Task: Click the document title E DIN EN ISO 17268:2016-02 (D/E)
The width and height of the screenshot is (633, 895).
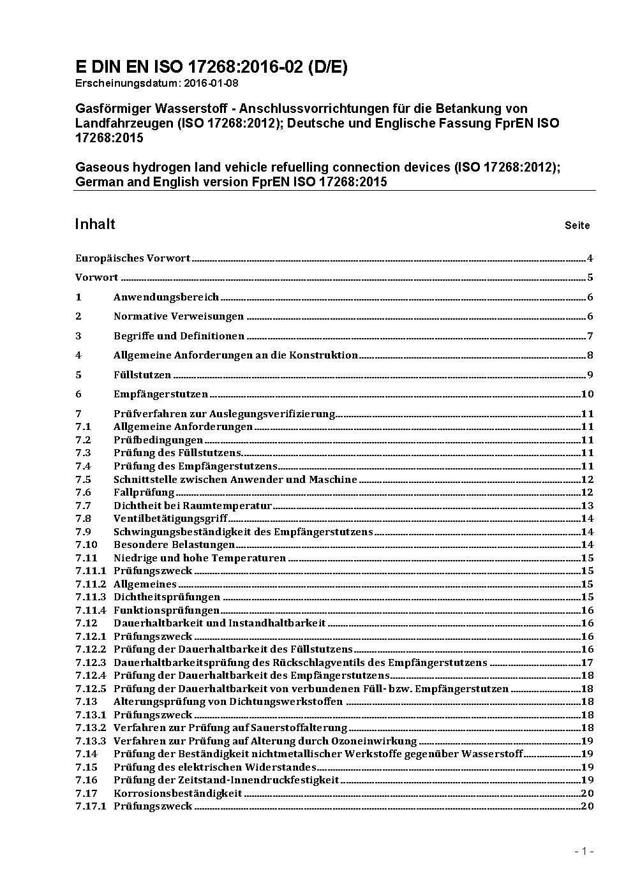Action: (x=211, y=67)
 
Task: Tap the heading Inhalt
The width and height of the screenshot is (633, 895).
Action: (x=95, y=224)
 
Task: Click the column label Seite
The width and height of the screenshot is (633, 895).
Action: (x=577, y=225)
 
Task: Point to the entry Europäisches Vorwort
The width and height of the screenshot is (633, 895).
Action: (x=133, y=258)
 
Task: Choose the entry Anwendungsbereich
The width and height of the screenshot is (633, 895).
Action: (x=166, y=297)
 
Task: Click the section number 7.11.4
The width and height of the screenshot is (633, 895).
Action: (x=91, y=610)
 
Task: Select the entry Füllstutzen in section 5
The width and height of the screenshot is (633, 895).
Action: (x=142, y=375)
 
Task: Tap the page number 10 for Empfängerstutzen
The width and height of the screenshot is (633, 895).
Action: (x=587, y=394)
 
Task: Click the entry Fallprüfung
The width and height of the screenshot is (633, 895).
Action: (x=144, y=492)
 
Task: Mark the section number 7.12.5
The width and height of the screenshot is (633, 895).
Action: (x=91, y=689)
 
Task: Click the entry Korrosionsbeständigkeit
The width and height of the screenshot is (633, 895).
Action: (x=177, y=794)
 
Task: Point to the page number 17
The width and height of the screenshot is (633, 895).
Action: (x=587, y=663)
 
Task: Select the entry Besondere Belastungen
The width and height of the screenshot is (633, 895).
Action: (x=174, y=545)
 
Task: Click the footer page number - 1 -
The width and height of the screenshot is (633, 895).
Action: (x=584, y=851)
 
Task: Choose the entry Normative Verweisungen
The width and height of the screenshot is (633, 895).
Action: (x=179, y=316)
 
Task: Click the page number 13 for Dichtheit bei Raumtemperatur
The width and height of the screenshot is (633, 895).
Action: (x=587, y=506)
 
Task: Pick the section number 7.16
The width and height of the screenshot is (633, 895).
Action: (x=86, y=780)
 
